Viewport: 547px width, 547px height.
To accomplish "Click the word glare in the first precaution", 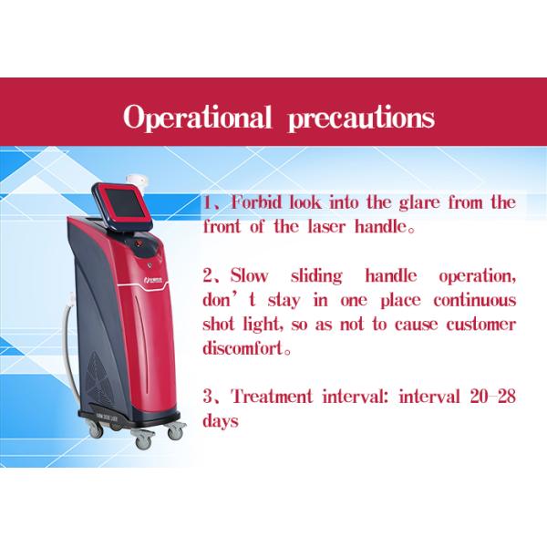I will tap(434, 203).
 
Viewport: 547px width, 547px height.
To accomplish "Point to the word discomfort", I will tap(248, 347).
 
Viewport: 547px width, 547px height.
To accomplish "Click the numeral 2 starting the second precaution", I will tap(207, 275).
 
